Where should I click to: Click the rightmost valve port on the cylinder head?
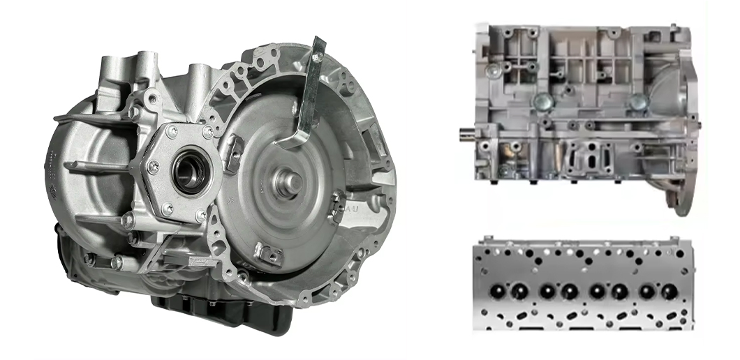click(666, 290)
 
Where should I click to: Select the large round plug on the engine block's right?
click(637, 102)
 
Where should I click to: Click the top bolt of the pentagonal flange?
click(172, 131)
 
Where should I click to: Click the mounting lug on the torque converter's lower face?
click(267, 252)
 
